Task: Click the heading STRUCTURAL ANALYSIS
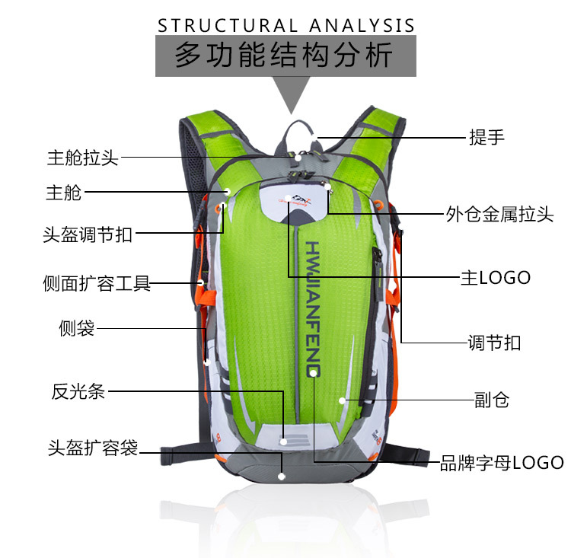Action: tap(286, 25)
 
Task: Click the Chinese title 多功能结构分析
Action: tap(285, 56)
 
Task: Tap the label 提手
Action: tap(486, 138)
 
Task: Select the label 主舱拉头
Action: tap(83, 158)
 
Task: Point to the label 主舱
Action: tap(63, 193)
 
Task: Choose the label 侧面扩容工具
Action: tap(97, 285)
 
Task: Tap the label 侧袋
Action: tap(76, 328)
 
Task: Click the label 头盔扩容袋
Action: tap(93, 448)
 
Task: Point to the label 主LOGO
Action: tap(495, 277)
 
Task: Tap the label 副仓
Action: tap(492, 400)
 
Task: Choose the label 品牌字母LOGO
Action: tap(502, 462)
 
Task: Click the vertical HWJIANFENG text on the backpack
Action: tap(313, 308)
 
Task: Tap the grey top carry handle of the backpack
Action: tap(296, 129)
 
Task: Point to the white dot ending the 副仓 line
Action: tap(343, 400)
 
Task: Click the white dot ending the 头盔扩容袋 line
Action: tap(282, 477)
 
